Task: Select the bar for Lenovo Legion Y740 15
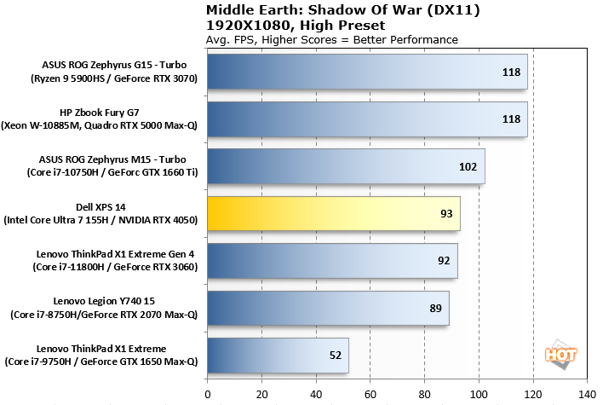click(x=328, y=308)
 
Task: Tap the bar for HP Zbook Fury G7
click(x=367, y=119)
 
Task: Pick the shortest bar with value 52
click(x=278, y=355)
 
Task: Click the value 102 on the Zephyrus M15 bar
click(x=468, y=166)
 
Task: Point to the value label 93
click(x=445, y=213)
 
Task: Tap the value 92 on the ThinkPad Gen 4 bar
click(x=443, y=261)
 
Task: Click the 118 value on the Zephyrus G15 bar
click(x=511, y=72)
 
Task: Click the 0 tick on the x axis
click(x=208, y=394)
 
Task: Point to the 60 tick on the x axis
click(x=370, y=394)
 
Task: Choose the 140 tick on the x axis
click(x=587, y=394)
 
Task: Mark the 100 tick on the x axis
click(x=479, y=394)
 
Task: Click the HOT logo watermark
click(x=557, y=354)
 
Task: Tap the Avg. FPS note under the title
click(x=332, y=39)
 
